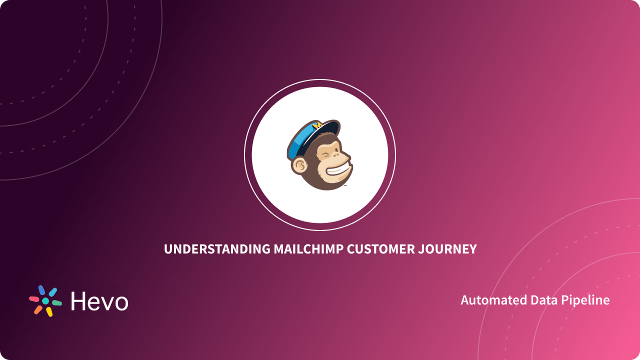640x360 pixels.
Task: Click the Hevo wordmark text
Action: pos(99,301)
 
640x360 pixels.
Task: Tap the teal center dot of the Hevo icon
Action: pos(45,301)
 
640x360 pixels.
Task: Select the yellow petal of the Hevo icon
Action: pos(49,312)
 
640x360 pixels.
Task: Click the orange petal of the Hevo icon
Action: pos(38,310)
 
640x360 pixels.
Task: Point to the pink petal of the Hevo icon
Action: pos(34,299)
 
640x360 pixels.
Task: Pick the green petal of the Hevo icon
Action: pos(57,303)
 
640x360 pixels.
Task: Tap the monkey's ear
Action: pos(299,164)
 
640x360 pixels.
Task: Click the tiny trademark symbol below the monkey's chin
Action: pos(345,185)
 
